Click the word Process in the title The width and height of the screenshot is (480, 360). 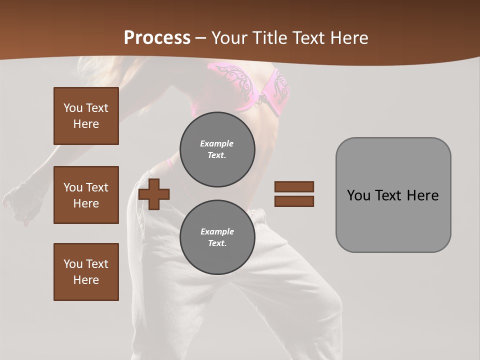pos(157,37)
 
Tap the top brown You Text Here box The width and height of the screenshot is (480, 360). pos(86,116)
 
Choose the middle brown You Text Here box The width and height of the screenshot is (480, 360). pos(86,195)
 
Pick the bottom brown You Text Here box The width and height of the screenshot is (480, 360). pos(86,271)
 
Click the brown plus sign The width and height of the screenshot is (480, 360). pos(154,193)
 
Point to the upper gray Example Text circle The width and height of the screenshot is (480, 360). pos(217,149)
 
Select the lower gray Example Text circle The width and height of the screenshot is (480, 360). pos(217,237)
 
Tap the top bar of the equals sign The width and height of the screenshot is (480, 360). pos(294,186)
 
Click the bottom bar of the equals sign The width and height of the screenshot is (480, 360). pos(294,201)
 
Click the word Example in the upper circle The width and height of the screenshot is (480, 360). pos(217,143)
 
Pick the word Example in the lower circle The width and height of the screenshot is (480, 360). pos(217,231)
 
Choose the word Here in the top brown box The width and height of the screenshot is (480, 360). pos(86,124)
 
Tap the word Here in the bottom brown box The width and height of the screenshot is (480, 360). pos(86,280)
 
